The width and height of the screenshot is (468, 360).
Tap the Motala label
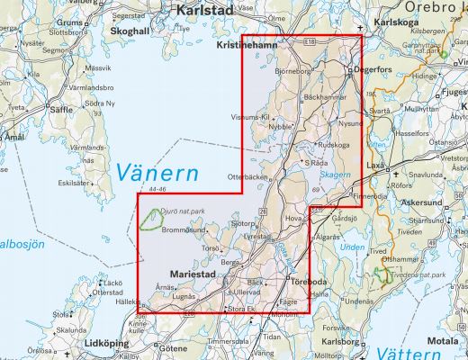[442, 341]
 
